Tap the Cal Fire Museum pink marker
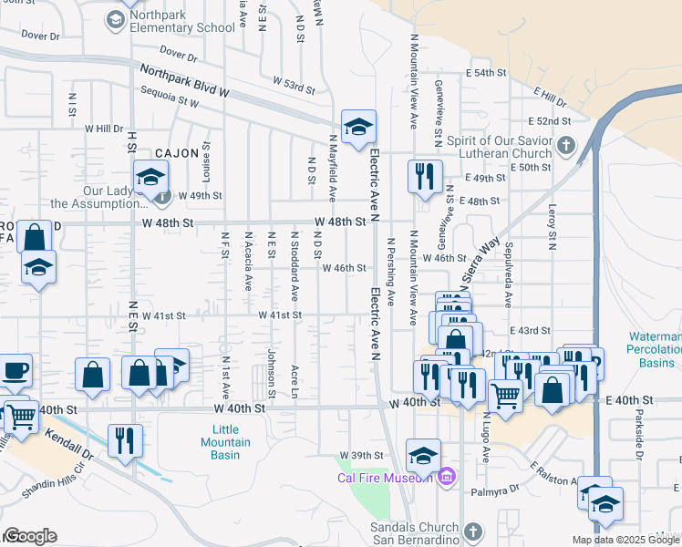click(x=447, y=477)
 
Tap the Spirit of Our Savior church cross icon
click(x=566, y=145)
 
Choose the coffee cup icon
click(x=16, y=371)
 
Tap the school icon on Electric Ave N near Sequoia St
click(x=359, y=127)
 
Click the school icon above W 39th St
click(x=423, y=454)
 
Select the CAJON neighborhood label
click(x=177, y=154)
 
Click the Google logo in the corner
click(x=30, y=536)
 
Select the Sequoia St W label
click(x=170, y=96)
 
